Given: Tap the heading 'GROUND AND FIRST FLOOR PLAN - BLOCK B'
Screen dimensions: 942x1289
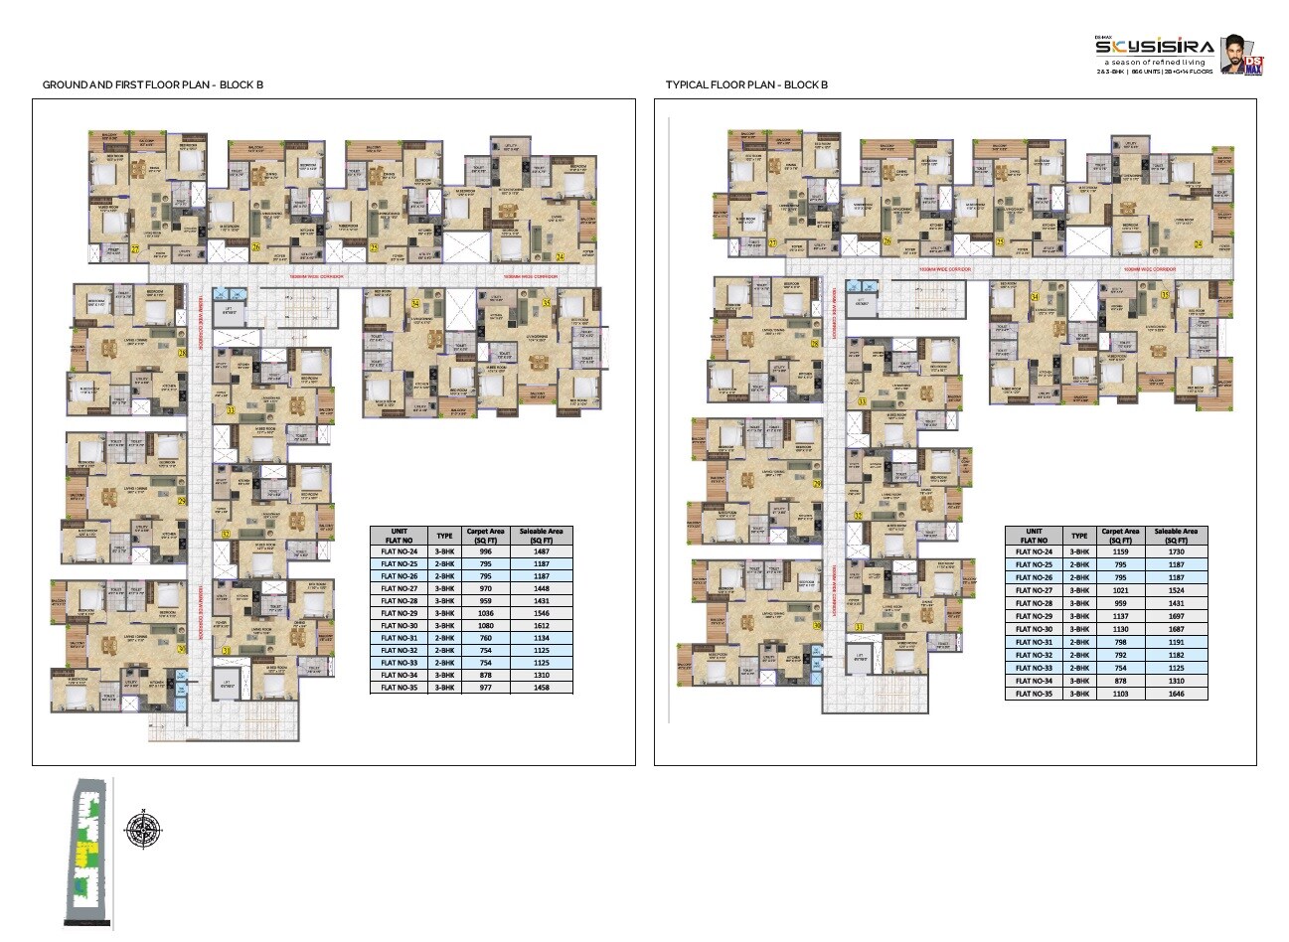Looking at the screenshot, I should (x=152, y=85).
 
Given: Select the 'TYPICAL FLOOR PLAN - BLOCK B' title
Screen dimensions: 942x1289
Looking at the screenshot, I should (x=746, y=85).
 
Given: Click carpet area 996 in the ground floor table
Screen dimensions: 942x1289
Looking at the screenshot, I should (x=485, y=551).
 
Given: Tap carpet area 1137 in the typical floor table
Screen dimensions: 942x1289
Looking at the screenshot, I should (x=1121, y=616).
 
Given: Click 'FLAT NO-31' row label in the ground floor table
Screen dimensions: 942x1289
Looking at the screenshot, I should (x=401, y=638).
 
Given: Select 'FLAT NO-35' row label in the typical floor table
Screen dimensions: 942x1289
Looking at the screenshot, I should (x=1035, y=694).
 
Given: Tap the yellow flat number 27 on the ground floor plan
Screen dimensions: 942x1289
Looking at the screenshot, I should (x=134, y=249).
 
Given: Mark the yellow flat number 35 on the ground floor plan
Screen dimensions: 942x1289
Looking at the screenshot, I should (x=546, y=302).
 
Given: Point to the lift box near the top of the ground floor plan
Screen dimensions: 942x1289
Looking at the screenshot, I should (x=229, y=311).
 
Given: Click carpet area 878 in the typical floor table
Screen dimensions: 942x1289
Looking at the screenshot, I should (x=1121, y=681).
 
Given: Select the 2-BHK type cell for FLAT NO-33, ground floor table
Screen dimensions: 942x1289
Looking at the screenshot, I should (x=444, y=663).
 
